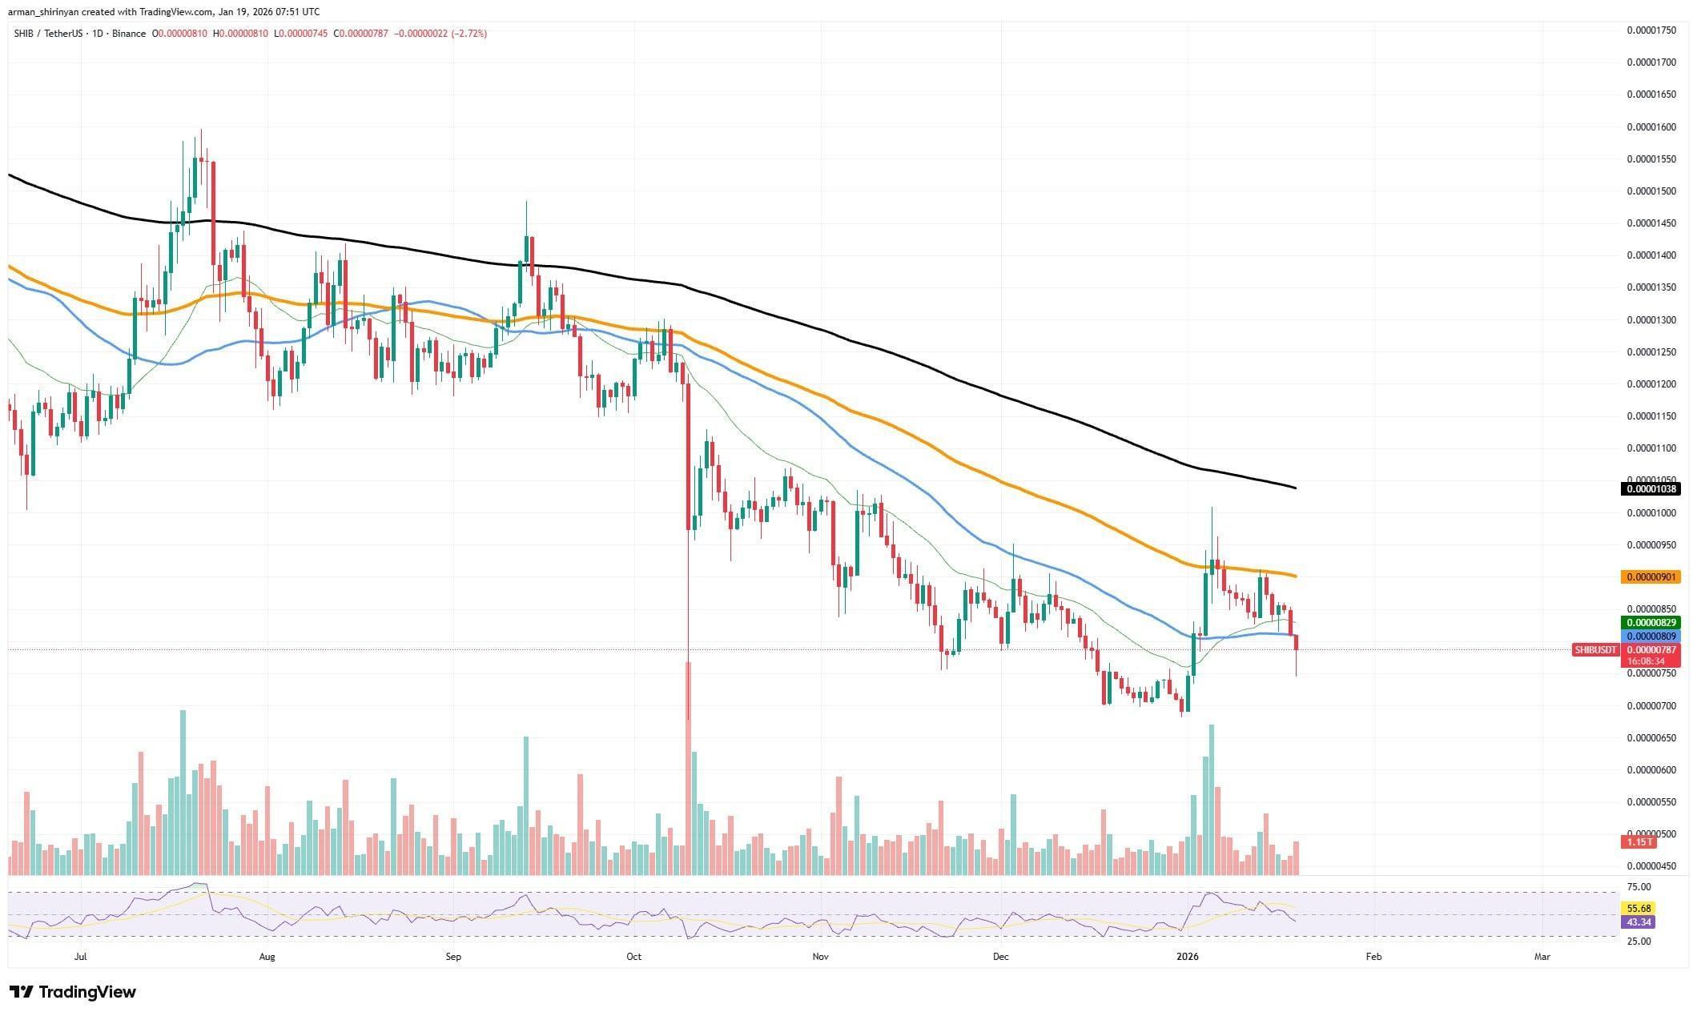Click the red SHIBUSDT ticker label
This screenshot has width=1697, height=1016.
click(1594, 649)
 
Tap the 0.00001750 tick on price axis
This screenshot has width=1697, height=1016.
click(1651, 30)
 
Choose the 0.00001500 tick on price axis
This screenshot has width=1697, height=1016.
click(1651, 191)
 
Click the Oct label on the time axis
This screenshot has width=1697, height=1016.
click(633, 956)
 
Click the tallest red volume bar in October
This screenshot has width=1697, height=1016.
click(688, 769)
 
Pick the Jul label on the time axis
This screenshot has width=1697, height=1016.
click(80, 956)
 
